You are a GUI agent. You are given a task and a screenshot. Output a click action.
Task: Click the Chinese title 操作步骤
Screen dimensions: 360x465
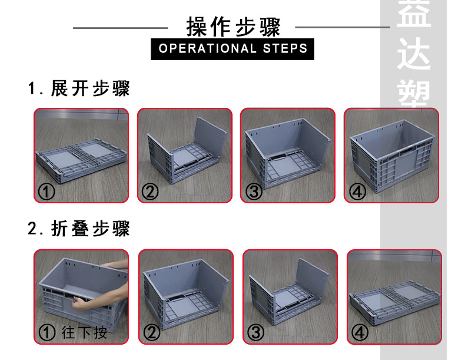[x=232, y=27]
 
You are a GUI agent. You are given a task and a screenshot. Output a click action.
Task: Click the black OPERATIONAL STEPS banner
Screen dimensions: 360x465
[x=232, y=48]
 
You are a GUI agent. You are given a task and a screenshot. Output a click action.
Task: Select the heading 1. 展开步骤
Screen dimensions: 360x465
[x=79, y=89]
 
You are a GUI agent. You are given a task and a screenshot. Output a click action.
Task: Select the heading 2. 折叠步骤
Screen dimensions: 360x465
[x=79, y=229]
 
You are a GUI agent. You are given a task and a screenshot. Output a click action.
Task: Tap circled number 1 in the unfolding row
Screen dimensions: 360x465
[x=46, y=191]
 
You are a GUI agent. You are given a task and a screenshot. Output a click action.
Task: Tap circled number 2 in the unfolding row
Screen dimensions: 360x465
[x=150, y=191]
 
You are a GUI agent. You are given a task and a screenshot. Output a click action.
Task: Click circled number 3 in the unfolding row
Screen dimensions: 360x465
[x=254, y=191]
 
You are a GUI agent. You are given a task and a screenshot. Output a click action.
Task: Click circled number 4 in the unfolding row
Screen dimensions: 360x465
[x=357, y=191]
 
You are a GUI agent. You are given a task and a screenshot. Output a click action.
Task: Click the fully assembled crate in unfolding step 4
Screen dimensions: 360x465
[x=391, y=156]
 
